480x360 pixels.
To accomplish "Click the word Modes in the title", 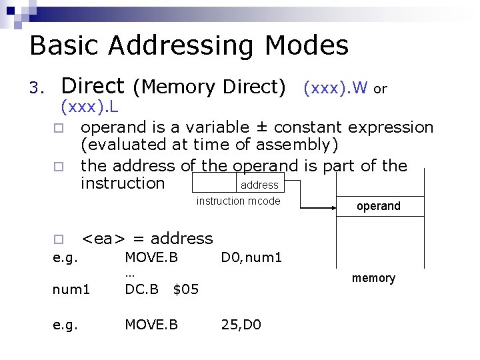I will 307,47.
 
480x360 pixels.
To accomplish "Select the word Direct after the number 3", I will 93,86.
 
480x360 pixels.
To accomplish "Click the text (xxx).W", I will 335,87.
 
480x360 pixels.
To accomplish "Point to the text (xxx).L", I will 89,106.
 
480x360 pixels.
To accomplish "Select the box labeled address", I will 259,185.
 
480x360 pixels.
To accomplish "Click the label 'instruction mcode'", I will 238,201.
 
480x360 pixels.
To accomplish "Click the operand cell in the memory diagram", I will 379,207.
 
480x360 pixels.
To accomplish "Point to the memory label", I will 373,278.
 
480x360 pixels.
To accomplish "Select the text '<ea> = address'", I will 147,239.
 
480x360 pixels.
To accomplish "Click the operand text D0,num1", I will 251,257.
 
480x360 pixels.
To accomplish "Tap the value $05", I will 185,289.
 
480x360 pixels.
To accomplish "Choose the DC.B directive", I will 141,289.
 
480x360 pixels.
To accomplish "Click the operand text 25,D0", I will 241,325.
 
